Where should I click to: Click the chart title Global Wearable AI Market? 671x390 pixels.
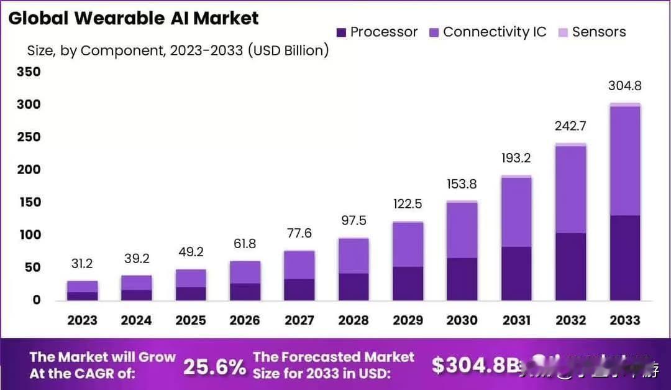(133, 18)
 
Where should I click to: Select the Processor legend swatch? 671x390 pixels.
(341, 32)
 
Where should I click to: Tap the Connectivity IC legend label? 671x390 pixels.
(495, 32)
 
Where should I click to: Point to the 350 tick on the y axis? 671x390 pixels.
(28, 72)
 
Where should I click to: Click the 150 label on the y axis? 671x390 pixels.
(28, 202)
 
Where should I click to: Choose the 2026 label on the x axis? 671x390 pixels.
(245, 320)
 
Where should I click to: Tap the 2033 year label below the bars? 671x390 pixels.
(624, 320)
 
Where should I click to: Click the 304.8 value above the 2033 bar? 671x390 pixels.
(624, 86)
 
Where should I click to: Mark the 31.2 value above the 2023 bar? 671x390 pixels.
(82, 264)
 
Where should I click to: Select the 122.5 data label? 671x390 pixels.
(408, 204)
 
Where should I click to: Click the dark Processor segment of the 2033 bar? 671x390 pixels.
(624, 258)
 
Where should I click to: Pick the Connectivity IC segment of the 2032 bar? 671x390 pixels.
(570, 190)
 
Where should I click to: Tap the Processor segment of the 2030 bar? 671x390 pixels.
(462, 279)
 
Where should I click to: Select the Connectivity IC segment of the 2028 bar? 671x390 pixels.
(354, 256)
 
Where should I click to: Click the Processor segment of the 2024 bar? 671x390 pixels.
(136, 295)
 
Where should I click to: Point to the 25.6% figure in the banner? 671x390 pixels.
(214, 366)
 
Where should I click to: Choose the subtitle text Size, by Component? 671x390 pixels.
(93, 50)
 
